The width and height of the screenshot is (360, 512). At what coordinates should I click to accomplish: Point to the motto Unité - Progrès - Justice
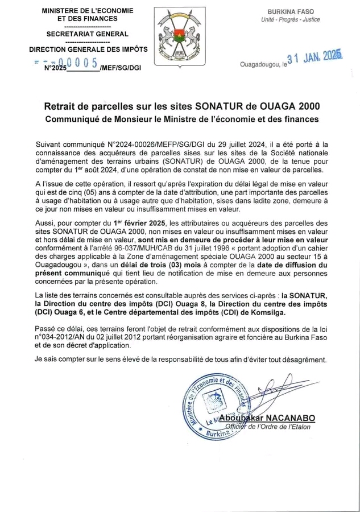[x=300, y=20]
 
